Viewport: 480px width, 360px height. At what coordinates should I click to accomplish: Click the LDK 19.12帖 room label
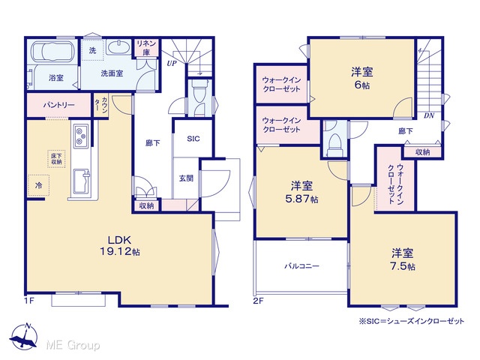tap(120, 245)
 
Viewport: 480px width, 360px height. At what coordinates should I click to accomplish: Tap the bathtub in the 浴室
tap(52, 52)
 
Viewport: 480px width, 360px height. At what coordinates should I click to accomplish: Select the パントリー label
tap(58, 105)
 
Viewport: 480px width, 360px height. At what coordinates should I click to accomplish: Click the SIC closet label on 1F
tap(193, 139)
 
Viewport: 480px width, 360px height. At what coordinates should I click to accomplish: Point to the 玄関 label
tap(186, 178)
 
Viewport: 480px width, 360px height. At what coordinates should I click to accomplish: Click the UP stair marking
tap(172, 63)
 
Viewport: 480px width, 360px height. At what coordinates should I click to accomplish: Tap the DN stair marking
tap(429, 115)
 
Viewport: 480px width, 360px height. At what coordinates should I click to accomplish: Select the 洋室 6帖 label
tap(361, 78)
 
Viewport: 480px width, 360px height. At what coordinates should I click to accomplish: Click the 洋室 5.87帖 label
tap(301, 192)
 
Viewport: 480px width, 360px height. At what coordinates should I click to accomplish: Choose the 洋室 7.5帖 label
tap(403, 259)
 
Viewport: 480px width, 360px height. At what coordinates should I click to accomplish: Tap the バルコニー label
tap(301, 265)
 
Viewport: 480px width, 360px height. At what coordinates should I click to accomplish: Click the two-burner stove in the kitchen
tap(81, 136)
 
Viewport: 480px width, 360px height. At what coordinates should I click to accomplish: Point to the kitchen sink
tap(81, 181)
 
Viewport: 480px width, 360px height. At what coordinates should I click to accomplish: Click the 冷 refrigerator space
tap(39, 185)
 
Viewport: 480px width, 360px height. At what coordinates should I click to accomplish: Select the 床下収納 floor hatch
tap(56, 159)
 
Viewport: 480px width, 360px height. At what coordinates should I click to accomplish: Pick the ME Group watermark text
tap(73, 345)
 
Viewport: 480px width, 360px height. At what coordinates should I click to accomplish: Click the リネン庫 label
tap(146, 47)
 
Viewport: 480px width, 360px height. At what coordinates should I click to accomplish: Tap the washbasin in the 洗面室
tap(119, 47)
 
